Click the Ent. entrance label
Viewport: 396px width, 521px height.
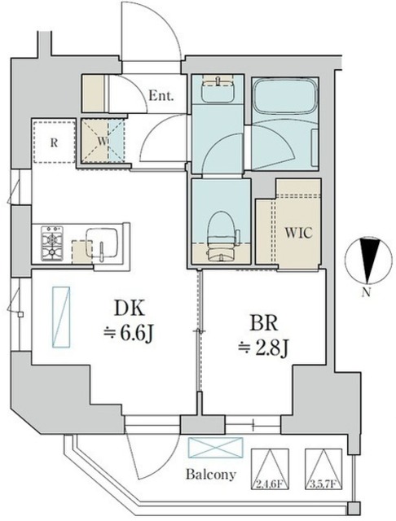point(161,96)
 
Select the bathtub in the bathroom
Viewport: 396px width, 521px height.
point(285,96)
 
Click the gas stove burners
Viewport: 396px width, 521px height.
point(52,243)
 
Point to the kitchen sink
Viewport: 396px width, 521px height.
point(102,243)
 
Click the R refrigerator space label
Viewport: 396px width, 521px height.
point(54,143)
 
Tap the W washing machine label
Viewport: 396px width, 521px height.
point(103,141)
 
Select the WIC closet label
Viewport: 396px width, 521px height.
point(298,233)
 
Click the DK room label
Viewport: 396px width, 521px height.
point(130,309)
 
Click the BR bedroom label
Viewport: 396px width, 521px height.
point(264,322)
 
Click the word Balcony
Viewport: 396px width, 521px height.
point(211,474)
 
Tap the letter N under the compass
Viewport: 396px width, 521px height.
point(366,292)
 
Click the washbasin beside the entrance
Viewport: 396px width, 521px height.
point(218,88)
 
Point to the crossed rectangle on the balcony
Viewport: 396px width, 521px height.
point(216,448)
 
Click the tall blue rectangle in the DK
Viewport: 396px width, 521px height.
point(61,317)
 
